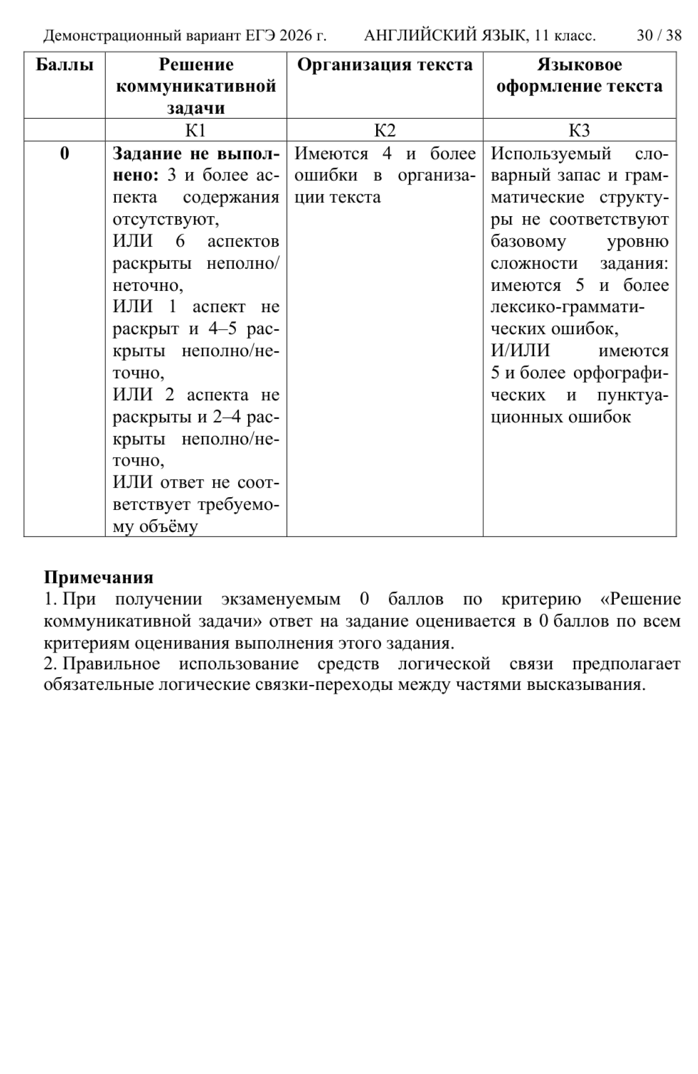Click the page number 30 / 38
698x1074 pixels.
click(659, 36)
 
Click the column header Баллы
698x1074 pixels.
click(64, 65)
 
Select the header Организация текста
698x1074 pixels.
click(384, 65)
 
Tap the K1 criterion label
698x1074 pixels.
click(196, 130)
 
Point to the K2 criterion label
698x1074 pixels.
click(384, 130)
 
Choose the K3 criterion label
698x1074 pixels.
click(579, 130)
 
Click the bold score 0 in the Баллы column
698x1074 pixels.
click(64, 154)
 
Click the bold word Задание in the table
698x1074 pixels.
click(147, 154)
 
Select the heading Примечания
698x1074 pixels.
click(99, 577)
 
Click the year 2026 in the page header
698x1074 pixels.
click(297, 36)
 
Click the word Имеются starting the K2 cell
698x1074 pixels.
click(331, 154)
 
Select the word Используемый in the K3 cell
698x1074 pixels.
click(551, 154)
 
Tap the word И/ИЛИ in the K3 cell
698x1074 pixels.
click(520, 351)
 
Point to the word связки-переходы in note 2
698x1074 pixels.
click(324, 685)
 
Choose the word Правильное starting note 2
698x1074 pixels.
click(111, 664)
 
